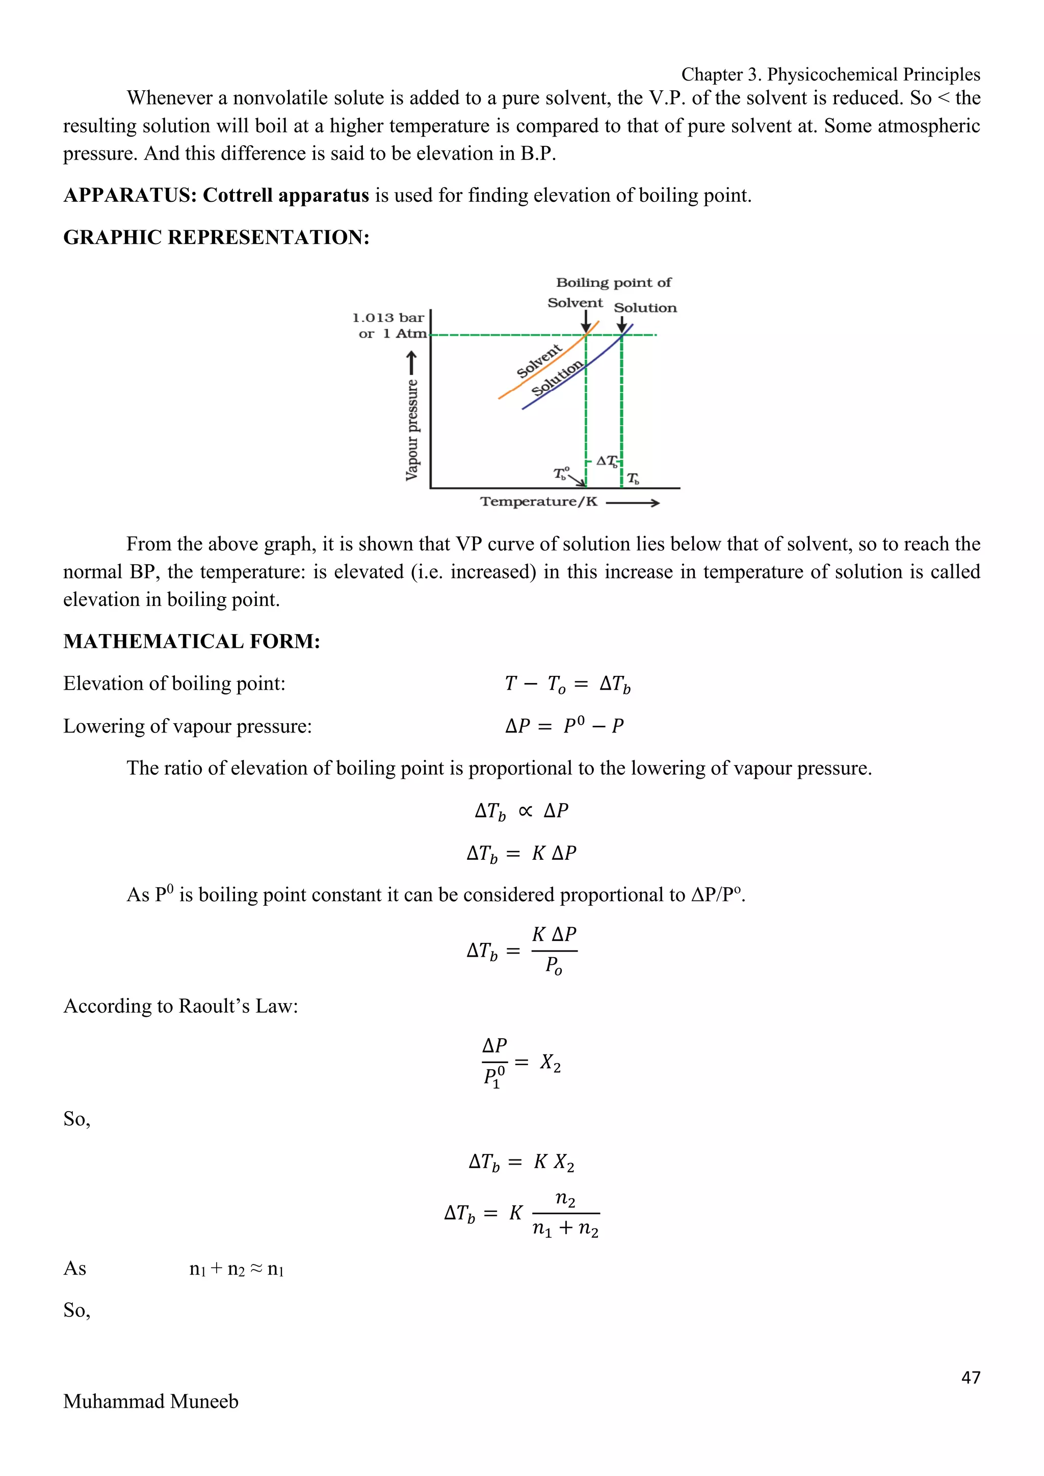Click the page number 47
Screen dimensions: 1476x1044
[x=970, y=1377]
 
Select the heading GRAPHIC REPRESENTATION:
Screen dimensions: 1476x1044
[x=216, y=237]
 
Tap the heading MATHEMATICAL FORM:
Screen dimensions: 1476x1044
[x=192, y=642]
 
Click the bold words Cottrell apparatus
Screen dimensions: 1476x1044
[x=285, y=195]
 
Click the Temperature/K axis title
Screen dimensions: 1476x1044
[x=539, y=502]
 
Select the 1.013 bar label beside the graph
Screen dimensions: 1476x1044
[x=388, y=318]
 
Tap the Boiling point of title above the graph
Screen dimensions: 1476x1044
[x=613, y=283]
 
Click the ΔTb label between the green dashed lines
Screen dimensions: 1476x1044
[x=606, y=461]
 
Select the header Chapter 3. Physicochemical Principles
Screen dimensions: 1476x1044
[x=830, y=74]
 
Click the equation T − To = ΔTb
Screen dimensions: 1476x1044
[x=568, y=684]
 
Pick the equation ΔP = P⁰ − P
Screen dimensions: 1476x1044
[x=564, y=726]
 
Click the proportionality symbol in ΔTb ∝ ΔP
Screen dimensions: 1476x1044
[x=525, y=811]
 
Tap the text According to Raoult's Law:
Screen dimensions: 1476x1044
[x=180, y=1006]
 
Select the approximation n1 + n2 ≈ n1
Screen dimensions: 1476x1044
[x=237, y=1269]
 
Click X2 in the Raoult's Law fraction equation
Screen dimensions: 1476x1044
[x=550, y=1063]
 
